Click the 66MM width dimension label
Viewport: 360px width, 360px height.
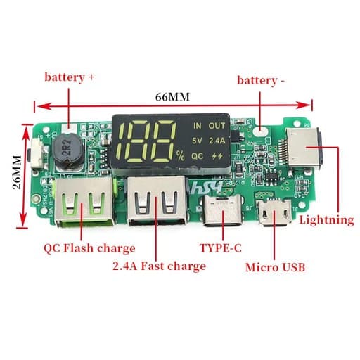[x=172, y=97]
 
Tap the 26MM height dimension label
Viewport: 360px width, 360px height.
[x=17, y=172]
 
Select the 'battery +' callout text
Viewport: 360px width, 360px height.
[x=70, y=77]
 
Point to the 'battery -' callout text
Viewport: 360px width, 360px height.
[x=261, y=81]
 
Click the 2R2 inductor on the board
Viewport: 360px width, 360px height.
[x=67, y=150]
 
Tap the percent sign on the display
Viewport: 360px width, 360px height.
[x=181, y=155]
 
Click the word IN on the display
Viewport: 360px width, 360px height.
[x=198, y=126]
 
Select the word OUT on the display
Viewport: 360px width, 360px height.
[x=217, y=126]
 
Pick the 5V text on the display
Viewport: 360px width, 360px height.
[x=197, y=141]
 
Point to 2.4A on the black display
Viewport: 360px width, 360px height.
[x=217, y=141]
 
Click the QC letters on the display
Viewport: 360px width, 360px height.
[x=198, y=156]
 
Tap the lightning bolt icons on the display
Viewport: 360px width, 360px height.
[x=217, y=156]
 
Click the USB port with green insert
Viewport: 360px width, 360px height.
[x=84, y=202]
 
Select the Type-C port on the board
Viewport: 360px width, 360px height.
[x=222, y=211]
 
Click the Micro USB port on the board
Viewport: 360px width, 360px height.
[x=275, y=213]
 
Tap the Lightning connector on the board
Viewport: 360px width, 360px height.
[x=304, y=148]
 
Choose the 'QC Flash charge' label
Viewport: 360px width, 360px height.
[x=89, y=248]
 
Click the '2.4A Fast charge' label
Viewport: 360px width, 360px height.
[x=160, y=266]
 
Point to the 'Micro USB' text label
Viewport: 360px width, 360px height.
[x=275, y=267]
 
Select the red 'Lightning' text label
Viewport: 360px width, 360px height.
[x=326, y=221]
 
